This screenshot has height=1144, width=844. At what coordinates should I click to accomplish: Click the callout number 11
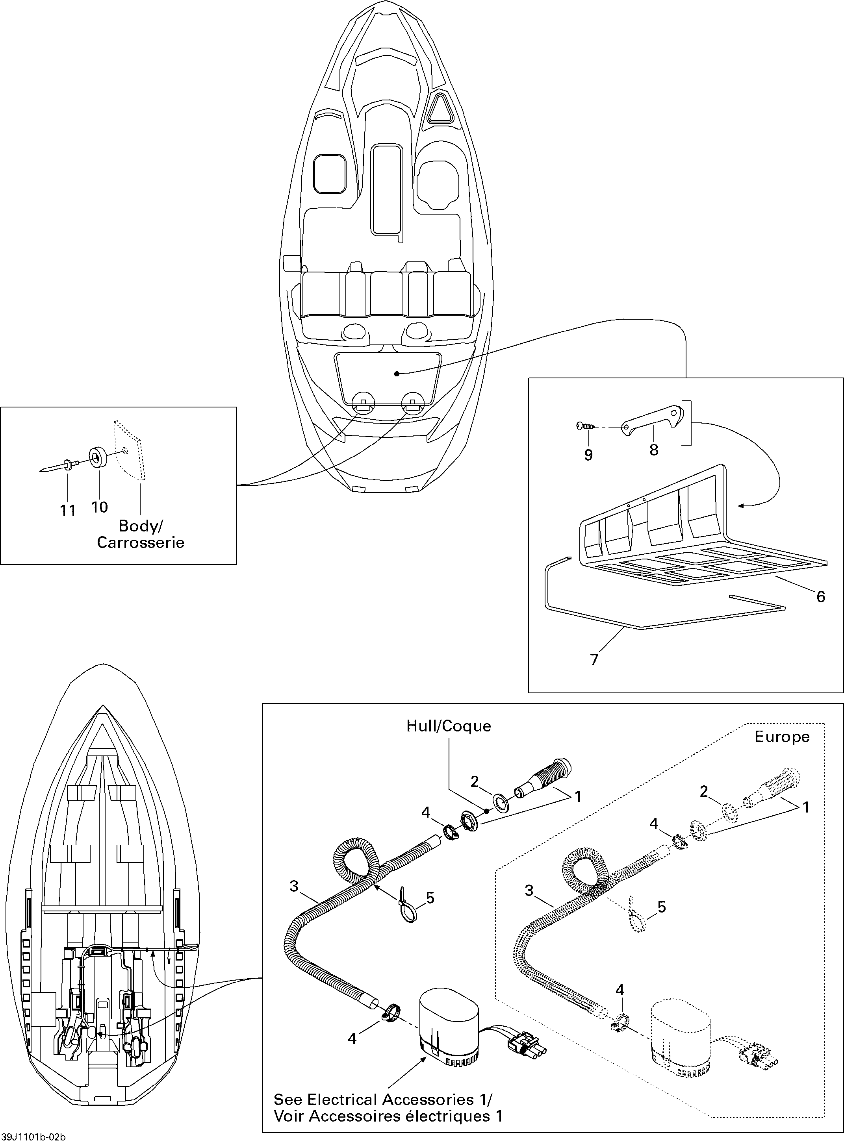(x=68, y=510)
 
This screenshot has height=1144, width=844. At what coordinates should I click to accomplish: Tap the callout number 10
(x=100, y=507)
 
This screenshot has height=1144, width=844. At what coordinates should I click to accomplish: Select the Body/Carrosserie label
(x=141, y=534)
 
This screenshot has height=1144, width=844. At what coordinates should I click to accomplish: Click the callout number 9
(x=588, y=455)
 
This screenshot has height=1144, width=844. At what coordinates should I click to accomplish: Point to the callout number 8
(x=654, y=450)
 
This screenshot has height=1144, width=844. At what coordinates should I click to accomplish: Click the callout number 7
(x=594, y=660)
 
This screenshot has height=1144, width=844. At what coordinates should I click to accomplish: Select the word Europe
(x=782, y=737)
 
